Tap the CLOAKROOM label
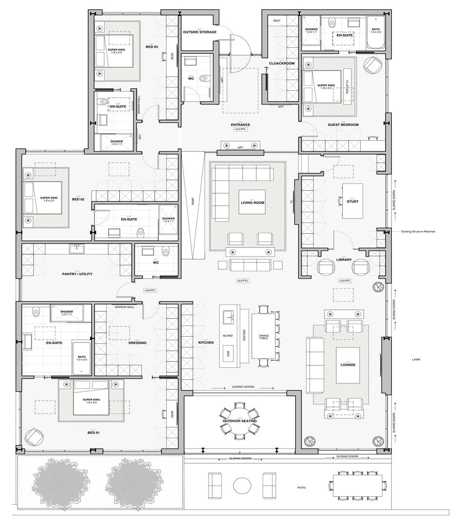[282, 63]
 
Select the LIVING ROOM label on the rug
[252, 203]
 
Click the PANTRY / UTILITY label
[77, 274]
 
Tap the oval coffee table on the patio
[242, 486]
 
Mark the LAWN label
[416, 360]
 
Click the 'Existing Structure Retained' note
[418, 231]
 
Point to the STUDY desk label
[352, 201]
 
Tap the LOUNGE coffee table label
[348, 365]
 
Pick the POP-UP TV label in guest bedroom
[347, 88]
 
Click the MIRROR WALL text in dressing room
[124, 307]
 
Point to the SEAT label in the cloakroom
[276, 21]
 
